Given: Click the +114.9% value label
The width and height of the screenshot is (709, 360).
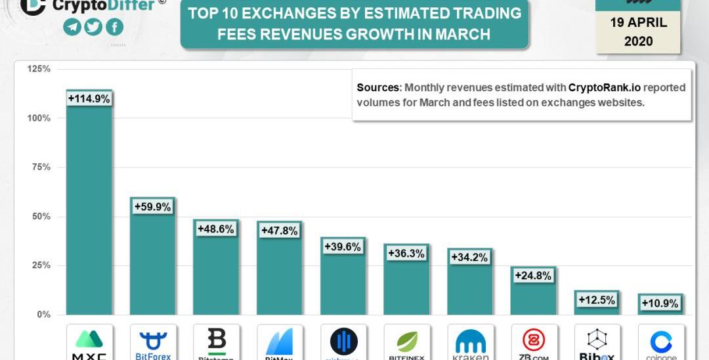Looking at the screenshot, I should [89, 99].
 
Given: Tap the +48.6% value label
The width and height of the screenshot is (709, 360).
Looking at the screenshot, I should [216, 230].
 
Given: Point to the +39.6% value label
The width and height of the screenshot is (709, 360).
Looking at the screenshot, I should [343, 246].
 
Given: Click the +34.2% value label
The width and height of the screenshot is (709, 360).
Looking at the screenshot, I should [470, 258].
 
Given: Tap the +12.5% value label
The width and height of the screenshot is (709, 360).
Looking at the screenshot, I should [597, 300].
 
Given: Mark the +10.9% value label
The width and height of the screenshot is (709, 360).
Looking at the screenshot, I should [660, 304].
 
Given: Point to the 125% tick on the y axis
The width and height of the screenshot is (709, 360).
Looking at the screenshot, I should [39, 69].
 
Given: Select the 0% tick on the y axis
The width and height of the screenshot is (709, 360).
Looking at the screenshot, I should [43, 315].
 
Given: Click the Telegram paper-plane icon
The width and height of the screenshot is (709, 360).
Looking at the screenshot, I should [72, 27].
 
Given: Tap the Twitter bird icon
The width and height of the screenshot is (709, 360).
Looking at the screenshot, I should [93, 27].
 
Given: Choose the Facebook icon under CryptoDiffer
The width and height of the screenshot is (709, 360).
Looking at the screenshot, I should [114, 27].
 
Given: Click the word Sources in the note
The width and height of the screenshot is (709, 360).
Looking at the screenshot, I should [378, 87].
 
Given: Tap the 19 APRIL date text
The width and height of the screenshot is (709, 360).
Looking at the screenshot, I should [638, 22].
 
